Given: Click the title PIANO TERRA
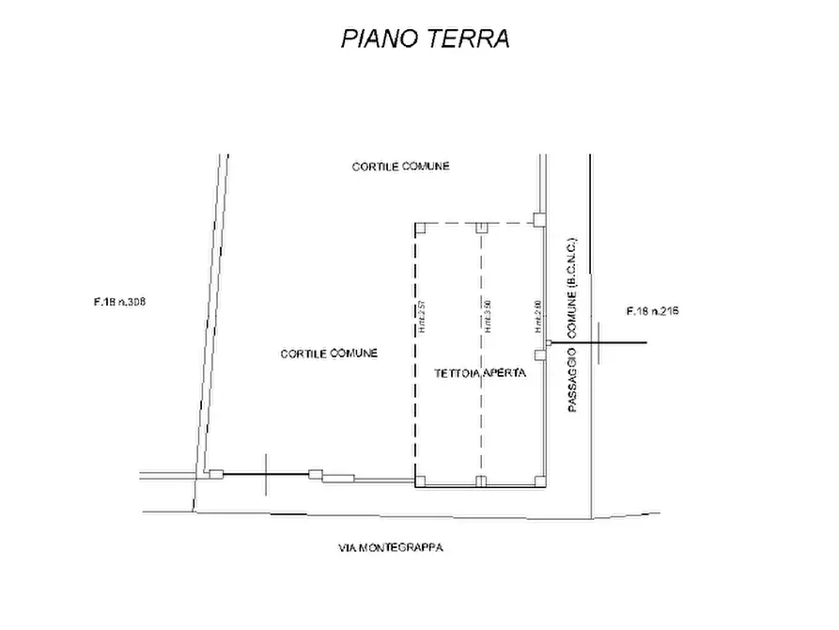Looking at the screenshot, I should [425, 39].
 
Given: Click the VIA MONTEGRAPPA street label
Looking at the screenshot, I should [391, 547].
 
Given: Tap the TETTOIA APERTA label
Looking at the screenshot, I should [479, 373].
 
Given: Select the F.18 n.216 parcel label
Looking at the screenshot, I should [652, 310].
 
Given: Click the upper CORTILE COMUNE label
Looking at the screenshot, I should [401, 166].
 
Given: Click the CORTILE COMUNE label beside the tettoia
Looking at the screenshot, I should [329, 354].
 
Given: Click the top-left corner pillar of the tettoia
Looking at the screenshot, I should [421, 228].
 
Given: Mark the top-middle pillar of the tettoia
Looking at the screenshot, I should [481, 228].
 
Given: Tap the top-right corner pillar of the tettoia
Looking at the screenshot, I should [539, 220].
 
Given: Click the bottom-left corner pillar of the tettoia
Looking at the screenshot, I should [420, 481].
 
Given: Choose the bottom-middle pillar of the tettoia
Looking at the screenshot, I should [481, 481].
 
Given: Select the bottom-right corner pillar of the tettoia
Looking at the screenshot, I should [539, 480].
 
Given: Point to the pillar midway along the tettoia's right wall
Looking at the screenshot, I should [539, 354].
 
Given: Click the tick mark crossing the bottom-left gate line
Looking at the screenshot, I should [267, 474].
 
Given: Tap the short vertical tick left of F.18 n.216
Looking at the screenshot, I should [598, 341].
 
